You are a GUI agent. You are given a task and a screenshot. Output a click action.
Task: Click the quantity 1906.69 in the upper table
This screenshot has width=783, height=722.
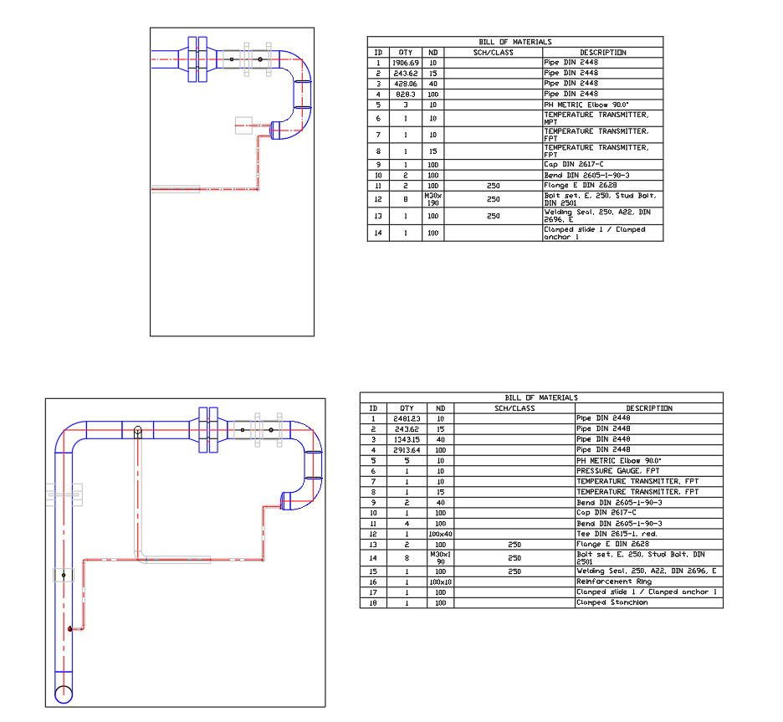pos(406,63)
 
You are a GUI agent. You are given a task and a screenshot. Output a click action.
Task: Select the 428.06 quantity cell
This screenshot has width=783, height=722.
pos(406,84)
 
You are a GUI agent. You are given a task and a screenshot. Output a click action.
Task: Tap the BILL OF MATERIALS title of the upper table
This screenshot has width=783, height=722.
pos(514,42)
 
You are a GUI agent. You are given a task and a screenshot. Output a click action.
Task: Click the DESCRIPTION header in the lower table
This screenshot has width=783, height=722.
pos(647,408)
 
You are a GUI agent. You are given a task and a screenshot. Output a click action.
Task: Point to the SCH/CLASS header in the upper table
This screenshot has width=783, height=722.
pos(494,53)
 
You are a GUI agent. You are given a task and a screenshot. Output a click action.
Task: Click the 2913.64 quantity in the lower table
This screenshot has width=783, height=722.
pos(407,450)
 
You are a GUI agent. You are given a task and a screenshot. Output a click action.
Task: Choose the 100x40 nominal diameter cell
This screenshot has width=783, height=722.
pos(440,534)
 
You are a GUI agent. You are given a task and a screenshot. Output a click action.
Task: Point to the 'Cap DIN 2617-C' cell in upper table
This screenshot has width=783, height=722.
pos(574,165)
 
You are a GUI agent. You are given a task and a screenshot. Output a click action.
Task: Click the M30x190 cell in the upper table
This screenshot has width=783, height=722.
pos(432,199)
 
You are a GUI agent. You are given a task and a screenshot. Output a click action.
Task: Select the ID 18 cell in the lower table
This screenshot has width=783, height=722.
pos(373,602)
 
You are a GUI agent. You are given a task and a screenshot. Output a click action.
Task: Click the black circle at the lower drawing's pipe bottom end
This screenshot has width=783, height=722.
pos(64,694)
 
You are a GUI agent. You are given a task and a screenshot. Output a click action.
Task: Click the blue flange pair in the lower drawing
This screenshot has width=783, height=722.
pos(208,430)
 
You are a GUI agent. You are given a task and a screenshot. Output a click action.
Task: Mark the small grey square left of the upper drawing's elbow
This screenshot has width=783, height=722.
pos(243,125)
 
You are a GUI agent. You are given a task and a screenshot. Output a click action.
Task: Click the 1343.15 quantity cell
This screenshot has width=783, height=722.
pos(407,439)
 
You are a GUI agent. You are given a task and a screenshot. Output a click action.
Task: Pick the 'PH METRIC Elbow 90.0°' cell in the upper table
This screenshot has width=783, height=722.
pos(573,105)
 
